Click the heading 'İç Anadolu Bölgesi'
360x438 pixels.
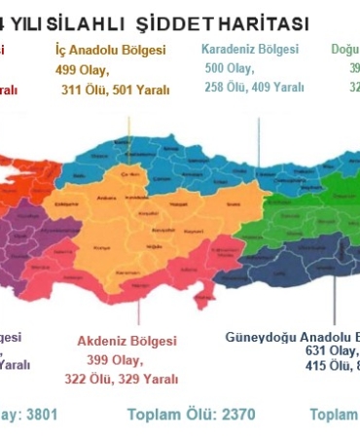(110, 50)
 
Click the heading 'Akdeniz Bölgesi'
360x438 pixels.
(126, 342)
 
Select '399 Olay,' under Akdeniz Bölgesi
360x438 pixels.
(114, 360)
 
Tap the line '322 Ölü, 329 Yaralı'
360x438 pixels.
(122, 379)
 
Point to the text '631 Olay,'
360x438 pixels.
(331, 350)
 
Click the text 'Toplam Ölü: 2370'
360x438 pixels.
(191, 415)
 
